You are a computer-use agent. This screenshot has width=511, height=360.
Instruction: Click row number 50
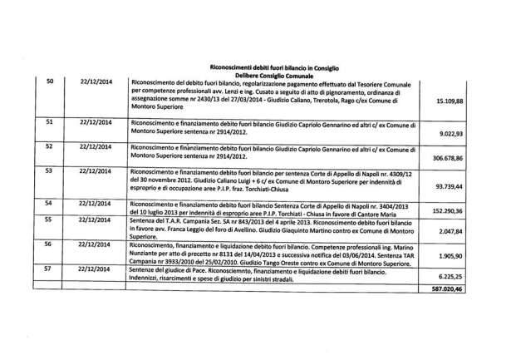coord(49,81)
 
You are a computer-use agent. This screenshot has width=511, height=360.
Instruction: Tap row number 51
coord(49,121)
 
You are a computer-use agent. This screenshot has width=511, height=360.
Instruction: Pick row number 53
coord(49,170)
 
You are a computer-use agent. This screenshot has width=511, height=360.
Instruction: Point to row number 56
coord(49,244)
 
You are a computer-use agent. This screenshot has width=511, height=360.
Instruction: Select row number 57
coord(49,269)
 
